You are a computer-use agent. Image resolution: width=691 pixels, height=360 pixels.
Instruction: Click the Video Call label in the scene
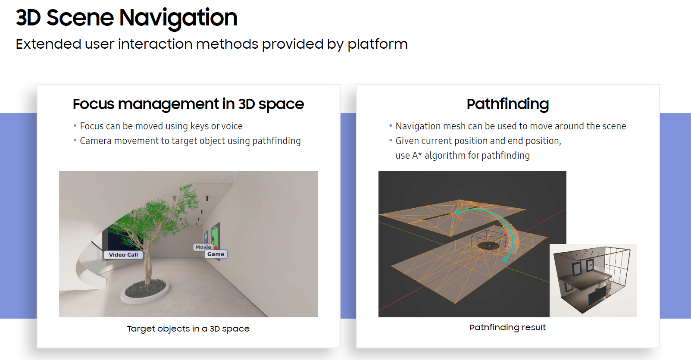[x=123, y=255]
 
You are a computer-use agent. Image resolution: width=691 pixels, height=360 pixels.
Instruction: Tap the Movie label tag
[x=203, y=247]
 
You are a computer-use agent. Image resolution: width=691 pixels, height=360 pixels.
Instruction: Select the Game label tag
[x=216, y=254]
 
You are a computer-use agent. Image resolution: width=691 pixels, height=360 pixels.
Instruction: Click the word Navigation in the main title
[x=178, y=18]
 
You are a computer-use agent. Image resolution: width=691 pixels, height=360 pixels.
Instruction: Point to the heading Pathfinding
[x=507, y=104]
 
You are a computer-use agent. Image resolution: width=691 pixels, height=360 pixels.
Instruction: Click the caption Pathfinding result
[x=507, y=327]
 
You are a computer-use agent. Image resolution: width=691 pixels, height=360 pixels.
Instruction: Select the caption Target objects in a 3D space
[x=188, y=329]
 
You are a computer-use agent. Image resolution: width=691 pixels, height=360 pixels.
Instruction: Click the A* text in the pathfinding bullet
[x=416, y=156]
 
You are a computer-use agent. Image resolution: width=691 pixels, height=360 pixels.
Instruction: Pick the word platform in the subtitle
[x=377, y=44]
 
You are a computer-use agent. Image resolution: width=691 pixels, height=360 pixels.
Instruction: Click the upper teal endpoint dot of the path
[x=457, y=213]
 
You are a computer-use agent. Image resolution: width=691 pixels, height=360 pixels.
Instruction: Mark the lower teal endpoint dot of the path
[x=505, y=260]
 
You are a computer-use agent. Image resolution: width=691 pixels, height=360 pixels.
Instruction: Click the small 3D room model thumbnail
[x=593, y=280]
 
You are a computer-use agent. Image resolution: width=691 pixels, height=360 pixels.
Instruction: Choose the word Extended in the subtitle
[x=48, y=44]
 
